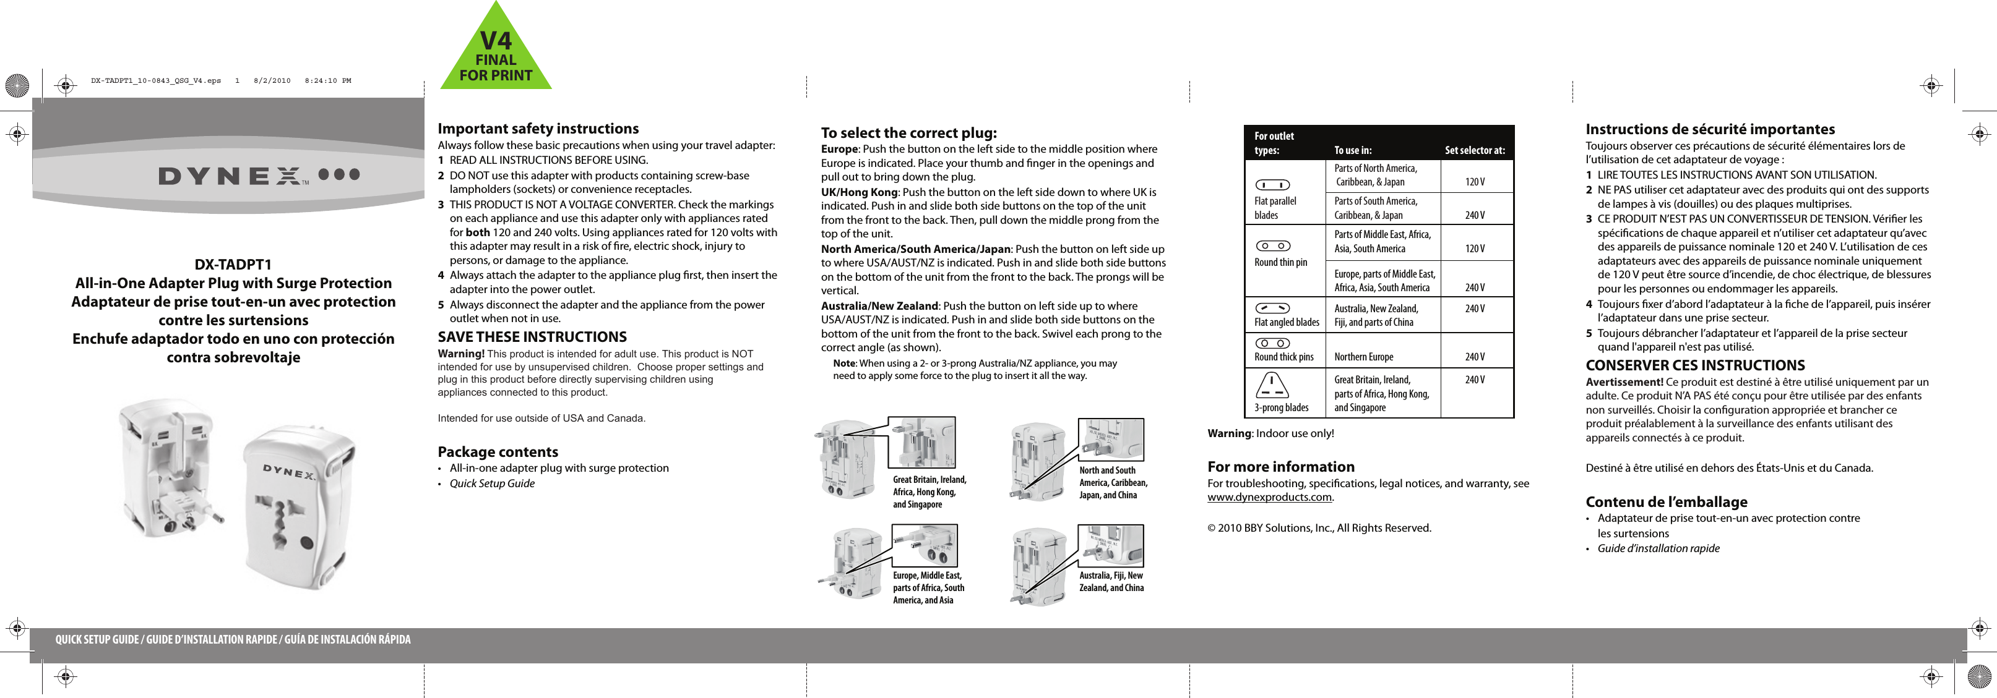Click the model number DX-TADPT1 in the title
coord(233,264)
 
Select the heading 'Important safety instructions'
coord(538,129)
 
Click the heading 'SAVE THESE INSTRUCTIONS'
coord(532,337)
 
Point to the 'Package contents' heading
coord(498,452)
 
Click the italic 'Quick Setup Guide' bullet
coord(491,483)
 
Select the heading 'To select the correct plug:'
coord(908,132)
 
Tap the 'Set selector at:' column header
coord(1475,150)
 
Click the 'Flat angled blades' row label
coord(1286,322)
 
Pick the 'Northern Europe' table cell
coord(1364,357)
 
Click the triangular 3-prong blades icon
coord(1273,385)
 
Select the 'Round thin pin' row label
coord(1280,263)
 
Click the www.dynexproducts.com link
coord(1269,497)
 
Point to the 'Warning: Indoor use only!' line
coord(1270,433)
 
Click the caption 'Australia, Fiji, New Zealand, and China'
coord(1111,582)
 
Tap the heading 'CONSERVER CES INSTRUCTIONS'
coord(1694,365)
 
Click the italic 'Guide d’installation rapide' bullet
coord(1658,548)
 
